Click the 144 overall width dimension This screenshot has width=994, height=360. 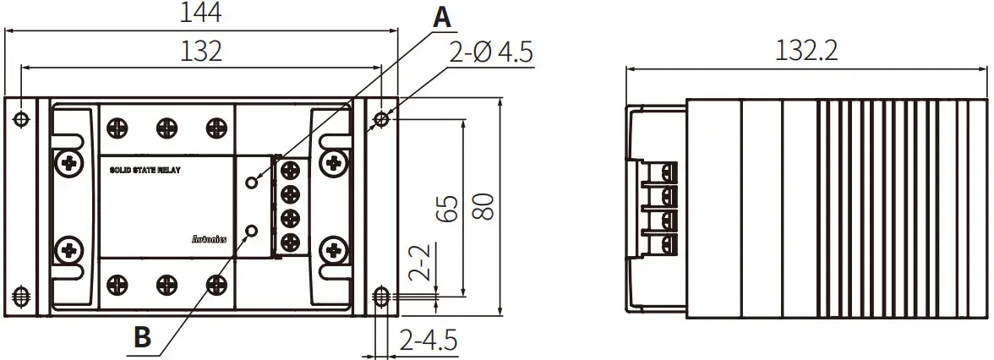(x=201, y=14)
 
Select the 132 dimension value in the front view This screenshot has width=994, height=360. (x=201, y=51)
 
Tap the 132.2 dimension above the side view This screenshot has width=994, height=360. (x=806, y=51)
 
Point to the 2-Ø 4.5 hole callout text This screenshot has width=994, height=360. (x=491, y=54)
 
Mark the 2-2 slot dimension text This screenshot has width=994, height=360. (x=420, y=263)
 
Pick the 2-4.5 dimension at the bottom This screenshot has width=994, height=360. (x=429, y=341)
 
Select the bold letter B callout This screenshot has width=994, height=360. (x=144, y=337)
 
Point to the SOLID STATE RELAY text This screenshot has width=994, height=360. (x=145, y=171)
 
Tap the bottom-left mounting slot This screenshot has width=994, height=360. (x=22, y=297)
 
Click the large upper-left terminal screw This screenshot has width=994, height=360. (x=67, y=161)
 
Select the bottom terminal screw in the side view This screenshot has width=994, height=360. (x=670, y=246)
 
